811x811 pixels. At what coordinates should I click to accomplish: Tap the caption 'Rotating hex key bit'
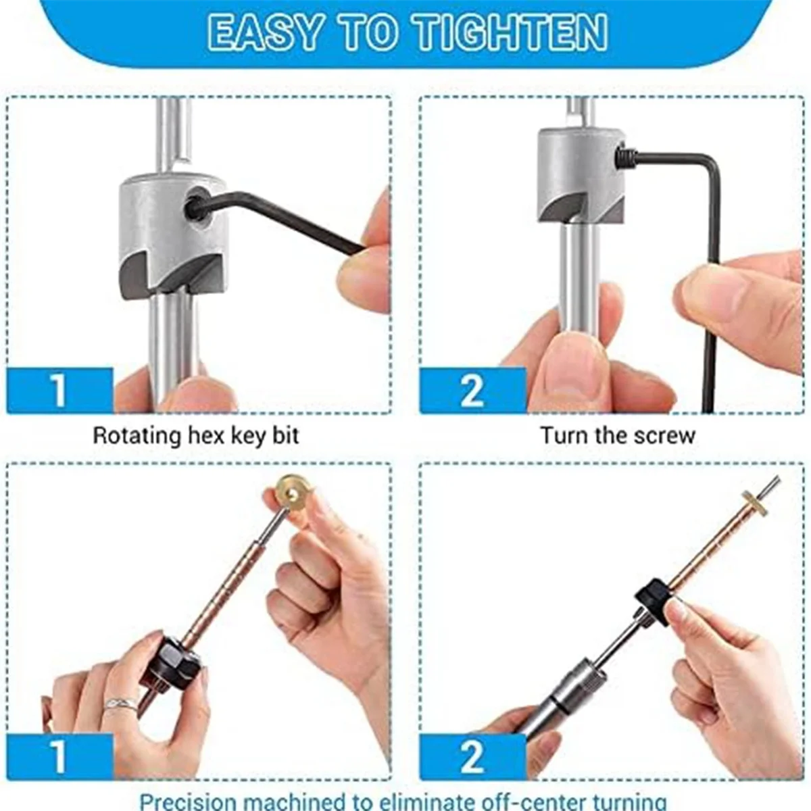point(195,435)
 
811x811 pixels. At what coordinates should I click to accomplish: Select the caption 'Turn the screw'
point(617,435)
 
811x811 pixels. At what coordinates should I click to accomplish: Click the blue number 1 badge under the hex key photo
point(59,390)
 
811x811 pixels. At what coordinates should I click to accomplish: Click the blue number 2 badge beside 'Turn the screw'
point(472,390)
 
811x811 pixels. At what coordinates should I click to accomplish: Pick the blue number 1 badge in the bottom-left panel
point(59,756)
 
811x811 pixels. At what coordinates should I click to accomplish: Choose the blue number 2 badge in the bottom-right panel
point(472,756)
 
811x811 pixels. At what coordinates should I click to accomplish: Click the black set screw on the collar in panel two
point(624,159)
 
